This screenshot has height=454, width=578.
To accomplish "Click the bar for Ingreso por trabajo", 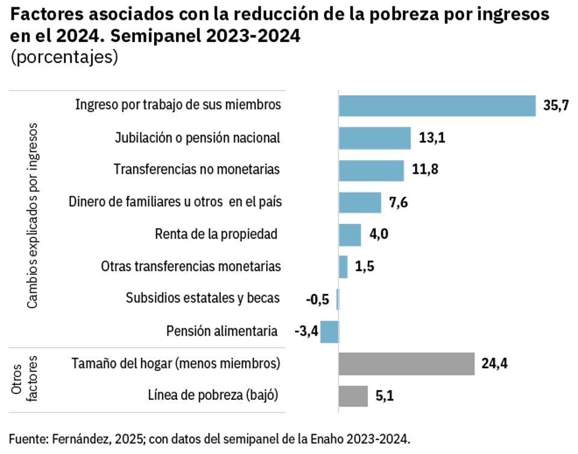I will [437, 105].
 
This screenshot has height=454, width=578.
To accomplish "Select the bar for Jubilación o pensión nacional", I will [374, 138].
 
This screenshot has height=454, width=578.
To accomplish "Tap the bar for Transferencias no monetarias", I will [371, 170].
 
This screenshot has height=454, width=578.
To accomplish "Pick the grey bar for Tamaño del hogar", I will [407, 363].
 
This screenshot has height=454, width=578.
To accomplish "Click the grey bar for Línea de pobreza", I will [353, 396].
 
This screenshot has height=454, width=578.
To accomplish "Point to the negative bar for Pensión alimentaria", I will [329, 331].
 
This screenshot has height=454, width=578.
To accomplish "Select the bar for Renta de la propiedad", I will [350, 235].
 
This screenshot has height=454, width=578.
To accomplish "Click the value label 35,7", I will [556, 106].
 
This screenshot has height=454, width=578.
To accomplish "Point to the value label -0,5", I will [317, 299].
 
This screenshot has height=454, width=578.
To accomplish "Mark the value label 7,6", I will [399, 203].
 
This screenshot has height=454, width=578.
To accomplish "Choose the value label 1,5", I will [365, 267].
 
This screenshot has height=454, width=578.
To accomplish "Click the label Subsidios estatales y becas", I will [203, 298].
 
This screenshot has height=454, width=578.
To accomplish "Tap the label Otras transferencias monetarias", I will [191, 266].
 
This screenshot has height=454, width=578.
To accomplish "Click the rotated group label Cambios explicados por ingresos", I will [33, 215].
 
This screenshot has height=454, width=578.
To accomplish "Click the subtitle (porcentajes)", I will [63, 58].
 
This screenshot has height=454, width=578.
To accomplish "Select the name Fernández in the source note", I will [78, 438].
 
